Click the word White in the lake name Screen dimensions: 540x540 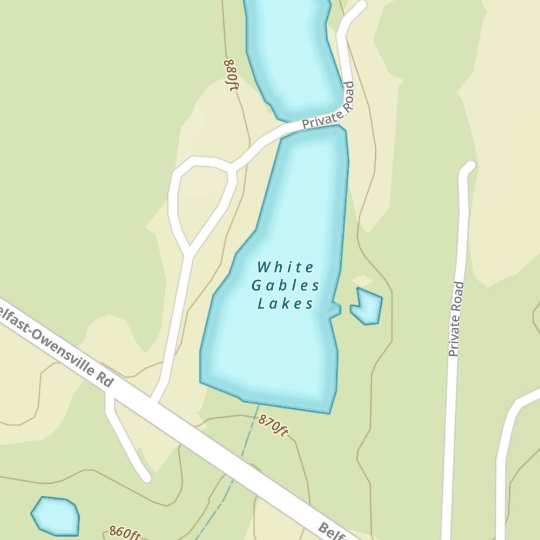[x=286, y=267]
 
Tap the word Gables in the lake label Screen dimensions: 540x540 [x=286, y=285]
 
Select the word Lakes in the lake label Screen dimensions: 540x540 [x=286, y=303]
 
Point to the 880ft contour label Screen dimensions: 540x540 [x=231, y=75]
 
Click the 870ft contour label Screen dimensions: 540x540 [x=273, y=425]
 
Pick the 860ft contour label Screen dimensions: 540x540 [x=124, y=533]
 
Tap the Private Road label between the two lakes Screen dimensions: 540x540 [x=328, y=106]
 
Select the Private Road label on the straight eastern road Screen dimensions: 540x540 [x=456, y=319]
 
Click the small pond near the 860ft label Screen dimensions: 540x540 [x=56, y=516]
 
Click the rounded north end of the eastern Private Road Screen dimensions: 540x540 [x=468, y=166]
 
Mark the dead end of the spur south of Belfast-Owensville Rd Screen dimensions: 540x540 [x=146, y=477]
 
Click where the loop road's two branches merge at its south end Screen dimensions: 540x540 [x=188, y=252]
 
